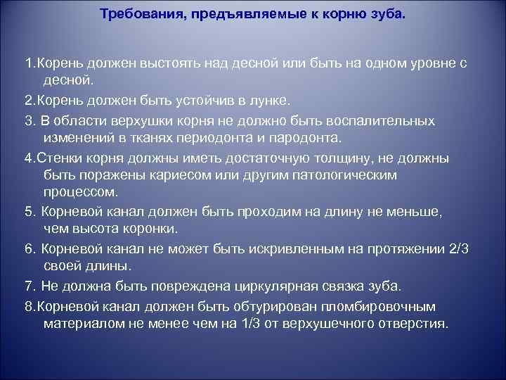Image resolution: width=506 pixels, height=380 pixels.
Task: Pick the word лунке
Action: point(269,101)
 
